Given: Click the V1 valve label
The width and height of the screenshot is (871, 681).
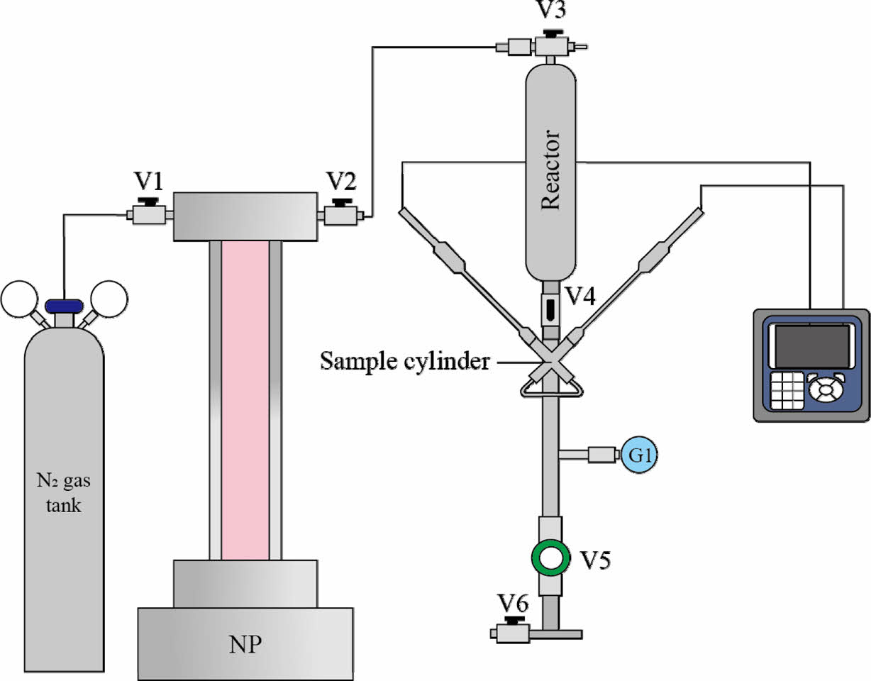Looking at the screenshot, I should click(149, 182).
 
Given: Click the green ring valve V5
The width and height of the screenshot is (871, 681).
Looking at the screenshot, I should click(549, 558).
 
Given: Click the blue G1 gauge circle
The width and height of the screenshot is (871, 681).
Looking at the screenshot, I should click(640, 455).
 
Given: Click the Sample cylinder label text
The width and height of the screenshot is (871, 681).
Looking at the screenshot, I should click(404, 360).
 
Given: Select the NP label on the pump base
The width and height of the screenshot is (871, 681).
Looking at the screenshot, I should click(245, 646).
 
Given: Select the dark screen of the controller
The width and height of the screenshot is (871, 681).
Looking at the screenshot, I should click(811, 347).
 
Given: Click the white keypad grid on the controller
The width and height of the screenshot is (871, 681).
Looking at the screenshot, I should click(784, 390).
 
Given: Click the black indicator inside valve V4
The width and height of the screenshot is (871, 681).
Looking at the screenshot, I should click(550, 308).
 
